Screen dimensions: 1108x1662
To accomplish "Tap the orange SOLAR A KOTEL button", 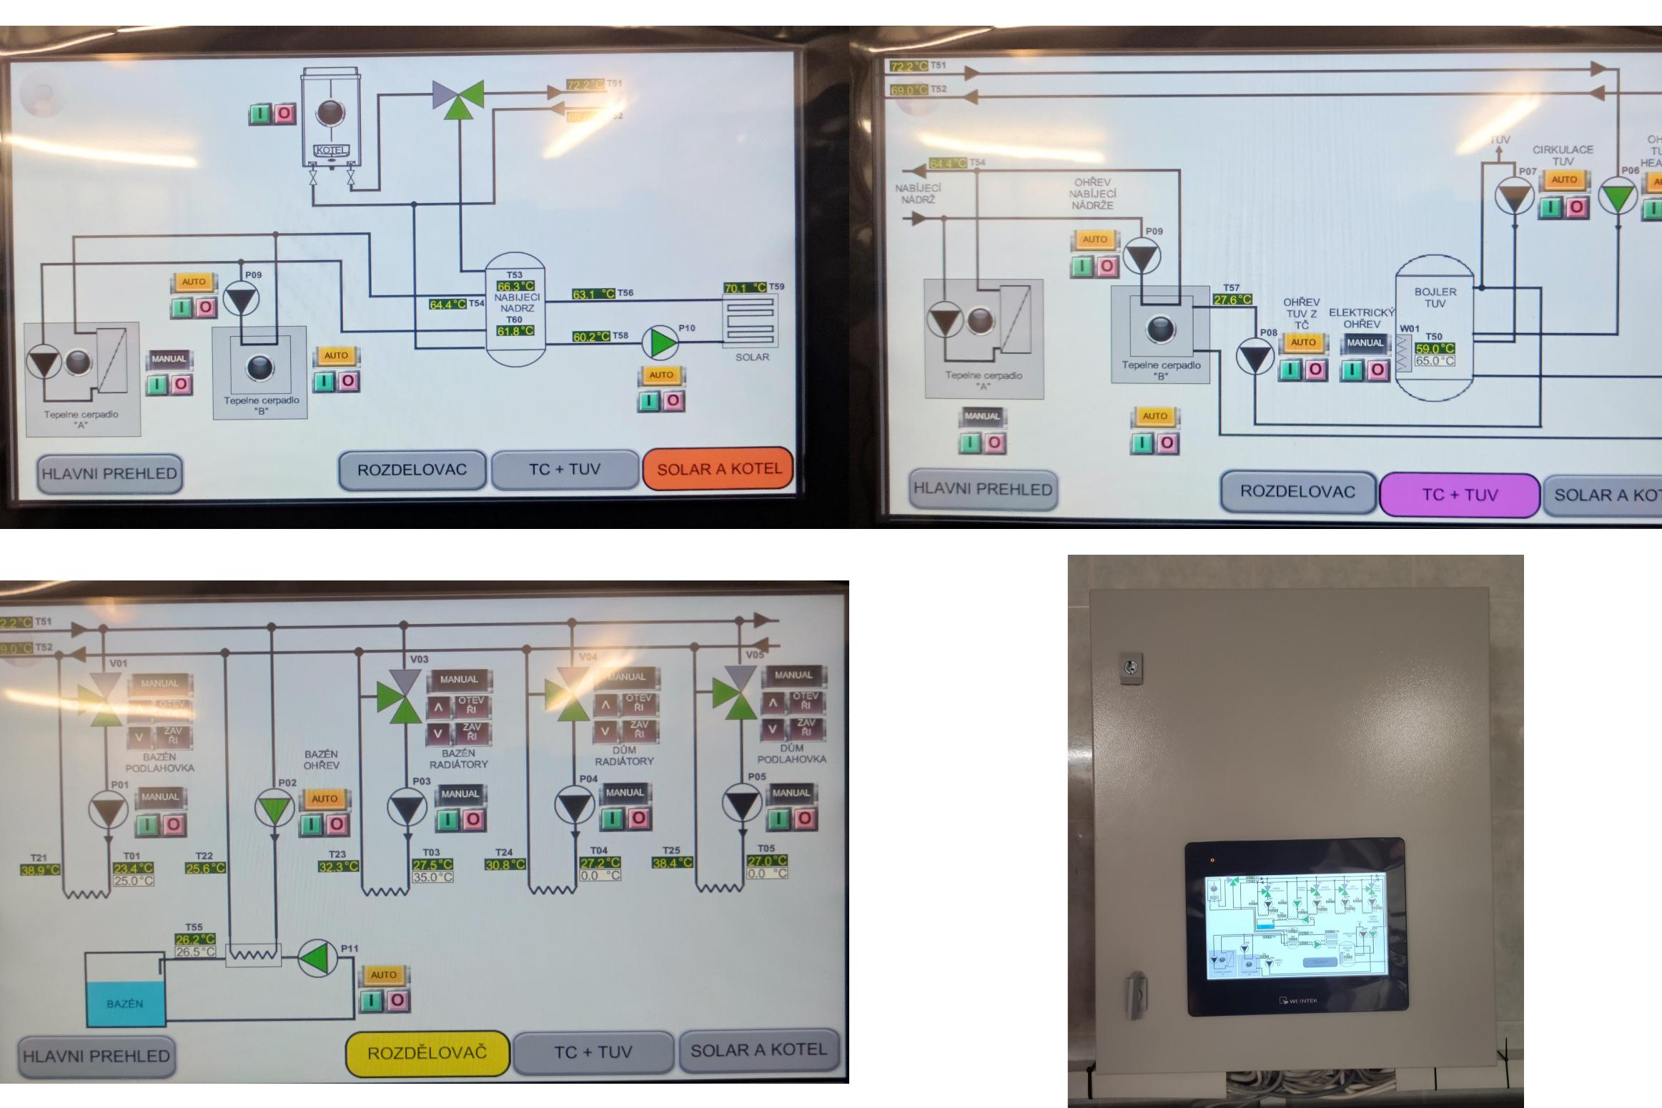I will coord(718,469).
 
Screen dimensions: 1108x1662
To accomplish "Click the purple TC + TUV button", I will coord(1459,495).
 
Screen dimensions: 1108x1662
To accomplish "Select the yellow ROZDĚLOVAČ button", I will coord(427,1053).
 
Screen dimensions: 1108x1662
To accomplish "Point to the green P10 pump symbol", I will coord(661,342).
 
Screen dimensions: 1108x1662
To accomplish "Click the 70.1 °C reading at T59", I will coord(744,288).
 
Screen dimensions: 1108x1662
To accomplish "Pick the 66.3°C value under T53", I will coord(515,286).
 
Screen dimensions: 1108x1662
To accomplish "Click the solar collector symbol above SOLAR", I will coord(751,322).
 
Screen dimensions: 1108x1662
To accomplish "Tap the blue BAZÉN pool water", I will coord(125,1004).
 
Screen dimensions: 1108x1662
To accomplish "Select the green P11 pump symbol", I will coord(317,958).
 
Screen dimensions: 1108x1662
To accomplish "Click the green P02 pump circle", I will coord(274,808).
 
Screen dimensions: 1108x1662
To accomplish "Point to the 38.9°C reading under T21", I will coord(40,870).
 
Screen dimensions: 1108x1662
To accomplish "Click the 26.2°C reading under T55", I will coord(195,939).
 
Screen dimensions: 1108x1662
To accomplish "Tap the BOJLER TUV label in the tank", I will coord(1435,297).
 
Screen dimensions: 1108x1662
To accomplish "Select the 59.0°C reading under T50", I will coord(1435,349).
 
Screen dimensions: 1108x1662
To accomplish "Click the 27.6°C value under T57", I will coord(1232,300).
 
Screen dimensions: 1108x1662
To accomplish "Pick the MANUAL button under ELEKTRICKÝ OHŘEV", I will coord(1365,343).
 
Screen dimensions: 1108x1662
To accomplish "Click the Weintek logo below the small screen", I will coord(1297,1001).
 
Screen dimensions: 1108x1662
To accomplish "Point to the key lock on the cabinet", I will coord(1130,668).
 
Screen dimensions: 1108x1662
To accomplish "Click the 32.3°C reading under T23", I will coord(338,866).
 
